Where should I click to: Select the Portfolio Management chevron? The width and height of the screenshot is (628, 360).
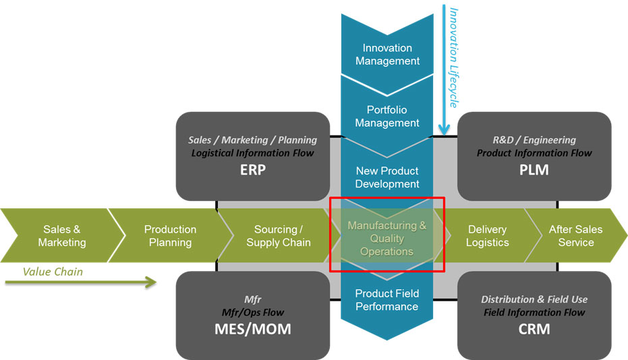(x=387, y=116)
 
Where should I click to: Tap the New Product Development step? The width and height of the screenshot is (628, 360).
(x=387, y=177)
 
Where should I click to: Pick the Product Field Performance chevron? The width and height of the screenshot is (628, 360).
(x=387, y=300)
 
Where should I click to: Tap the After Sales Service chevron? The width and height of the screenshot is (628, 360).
(x=576, y=235)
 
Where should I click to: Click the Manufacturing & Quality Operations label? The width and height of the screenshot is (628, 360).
(x=387, y=238)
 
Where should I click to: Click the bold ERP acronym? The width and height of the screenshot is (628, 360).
(x=253, y=170)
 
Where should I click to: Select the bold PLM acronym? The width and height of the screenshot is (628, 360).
(x=534, y=170)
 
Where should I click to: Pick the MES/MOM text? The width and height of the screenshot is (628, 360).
(x=253, y=329)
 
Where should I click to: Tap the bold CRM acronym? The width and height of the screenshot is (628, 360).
(x=534, y=329)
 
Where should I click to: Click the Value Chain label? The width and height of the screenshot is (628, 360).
(x=53, y=272)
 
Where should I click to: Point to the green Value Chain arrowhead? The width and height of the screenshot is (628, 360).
(x=151, y=282)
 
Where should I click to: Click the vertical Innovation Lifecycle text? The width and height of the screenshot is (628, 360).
(x=453, y=58)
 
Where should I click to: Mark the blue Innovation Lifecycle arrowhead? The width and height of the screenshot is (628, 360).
(x=444, y=129)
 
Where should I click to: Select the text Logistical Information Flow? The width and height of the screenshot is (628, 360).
(x=253, y=153)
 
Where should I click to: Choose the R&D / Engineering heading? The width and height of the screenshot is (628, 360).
(x=534, y=140)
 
